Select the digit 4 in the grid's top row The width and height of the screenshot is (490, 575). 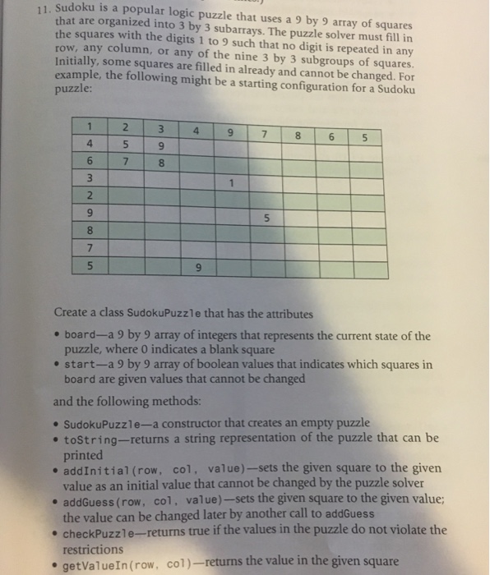tap(196, 131)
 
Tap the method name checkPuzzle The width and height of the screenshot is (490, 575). tap(97, 531)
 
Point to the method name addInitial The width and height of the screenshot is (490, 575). tap(95, 469)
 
